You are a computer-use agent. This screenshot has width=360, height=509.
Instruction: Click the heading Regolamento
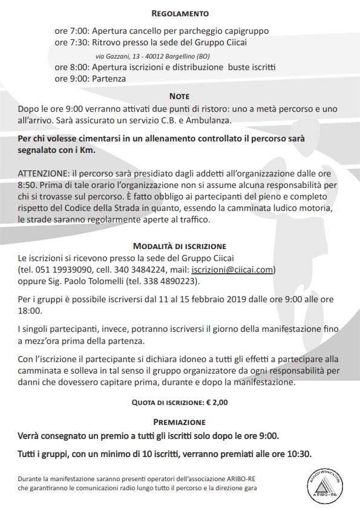[x=180, y=13]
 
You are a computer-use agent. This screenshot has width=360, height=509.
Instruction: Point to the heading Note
[x=180, y=96]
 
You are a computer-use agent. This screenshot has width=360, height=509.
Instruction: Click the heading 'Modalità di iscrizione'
[x=180, y=246]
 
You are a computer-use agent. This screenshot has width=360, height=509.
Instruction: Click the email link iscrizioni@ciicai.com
[x=233, y=270]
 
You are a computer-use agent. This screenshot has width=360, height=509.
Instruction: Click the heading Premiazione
[x=180, y=422]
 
